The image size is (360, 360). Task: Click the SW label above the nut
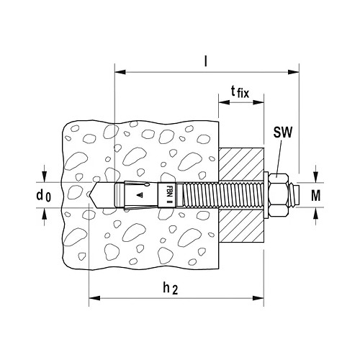pyautogui.click(x=283, y=132)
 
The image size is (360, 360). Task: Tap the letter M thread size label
pyautogui.click(x=316, y=195)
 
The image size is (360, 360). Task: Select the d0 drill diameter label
pyautogui.click(x=44, y=195)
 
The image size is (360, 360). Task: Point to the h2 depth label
pyautogui.click(x=171, y=288)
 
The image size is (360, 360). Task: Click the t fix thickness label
pyautogui.click(x=240, y=92)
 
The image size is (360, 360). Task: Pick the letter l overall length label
pyautogui.click(x=205, y=61)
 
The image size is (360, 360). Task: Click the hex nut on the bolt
pyautogui.click(x=279, y=195)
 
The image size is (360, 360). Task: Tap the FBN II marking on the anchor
pyautogui.click(x=168, y=194)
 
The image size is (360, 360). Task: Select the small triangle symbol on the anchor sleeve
pyautogui.click(x=140, y=195)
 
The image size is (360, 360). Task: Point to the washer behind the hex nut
pyautogui.click(x=266, y=195)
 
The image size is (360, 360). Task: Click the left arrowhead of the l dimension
pyautogui.click(x=120, y=72)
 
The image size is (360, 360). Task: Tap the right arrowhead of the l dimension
pyautogui.click(x=294, y=72)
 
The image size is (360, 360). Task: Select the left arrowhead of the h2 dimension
pyautogui.click(x=94, y=298)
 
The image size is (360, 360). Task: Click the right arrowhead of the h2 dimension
pyautogui.click(x=258, y=298)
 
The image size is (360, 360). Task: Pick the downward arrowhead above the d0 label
pyautogui.click(x=44, y=177)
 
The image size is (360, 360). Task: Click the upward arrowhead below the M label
pyautogui.click(x=316, y=213)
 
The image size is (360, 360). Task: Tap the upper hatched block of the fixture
pyautogui.click(x=241, y=164)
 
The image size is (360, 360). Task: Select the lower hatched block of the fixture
pyautogui.click(x=241, y=225)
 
